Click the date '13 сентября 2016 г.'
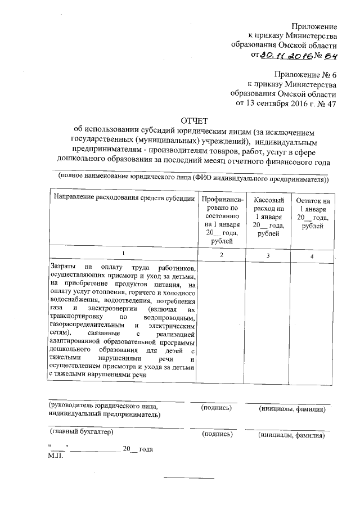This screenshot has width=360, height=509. [278, 103]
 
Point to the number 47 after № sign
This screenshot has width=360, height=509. [332, 103]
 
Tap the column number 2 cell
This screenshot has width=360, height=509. [222, 256]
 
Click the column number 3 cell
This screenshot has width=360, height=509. [268, 256]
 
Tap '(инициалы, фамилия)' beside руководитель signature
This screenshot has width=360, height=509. [292, 409]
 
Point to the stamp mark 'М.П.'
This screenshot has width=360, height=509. [56, 456]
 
